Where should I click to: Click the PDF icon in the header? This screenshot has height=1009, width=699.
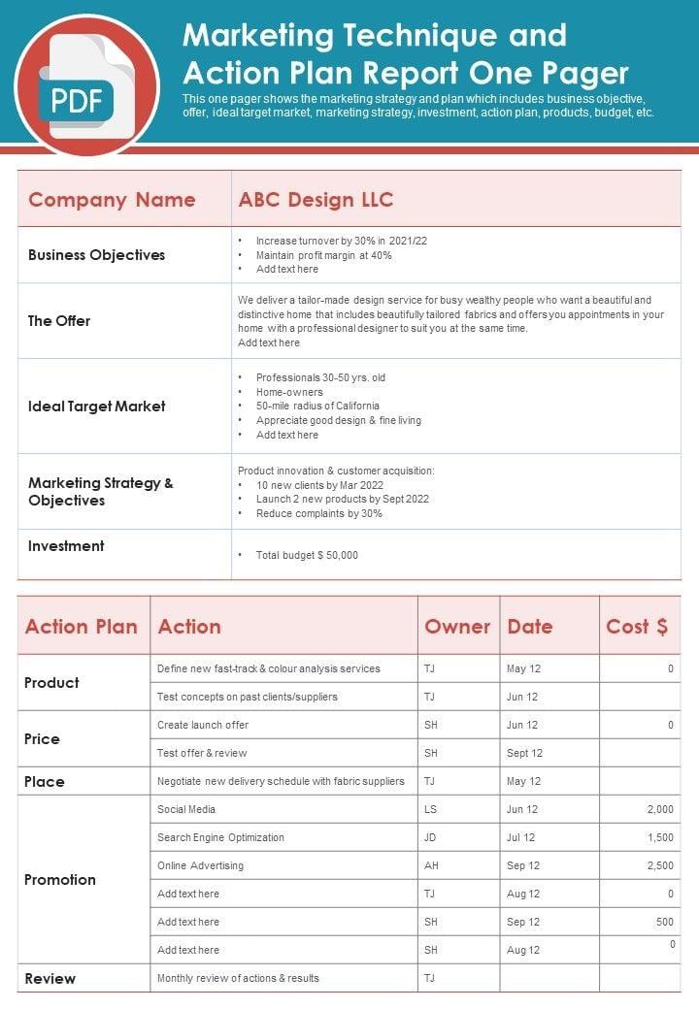(x=85, y=86)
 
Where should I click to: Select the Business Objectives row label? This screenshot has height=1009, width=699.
(x=96, y=255)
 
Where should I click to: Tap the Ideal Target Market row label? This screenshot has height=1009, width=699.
(x=96, y=407)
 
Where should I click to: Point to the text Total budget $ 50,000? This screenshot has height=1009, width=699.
(x=307, y=556)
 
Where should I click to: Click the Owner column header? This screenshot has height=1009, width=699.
(x=457, y=627)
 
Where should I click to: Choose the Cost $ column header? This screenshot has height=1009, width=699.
(x=637, y=627)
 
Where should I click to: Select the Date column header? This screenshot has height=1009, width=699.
(x=530, y=627)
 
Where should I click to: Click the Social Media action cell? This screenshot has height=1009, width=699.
(x=186, y=809)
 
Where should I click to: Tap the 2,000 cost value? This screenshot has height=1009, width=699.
(x=660, y=809)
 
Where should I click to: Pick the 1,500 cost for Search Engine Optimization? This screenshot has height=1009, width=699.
(x=660, y=837)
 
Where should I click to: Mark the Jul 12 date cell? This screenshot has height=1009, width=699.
(x=521, y=837)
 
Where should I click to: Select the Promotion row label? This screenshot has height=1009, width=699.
(x=60, y=880)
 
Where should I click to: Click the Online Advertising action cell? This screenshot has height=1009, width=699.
(x=200, y=865)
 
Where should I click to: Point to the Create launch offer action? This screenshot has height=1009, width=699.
(x=203, y=725)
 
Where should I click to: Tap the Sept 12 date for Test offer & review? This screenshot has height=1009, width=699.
(x=524, y=753)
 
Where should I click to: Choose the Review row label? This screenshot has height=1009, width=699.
(x=50, y=979)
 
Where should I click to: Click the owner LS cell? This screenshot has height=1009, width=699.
(x=430, y=809)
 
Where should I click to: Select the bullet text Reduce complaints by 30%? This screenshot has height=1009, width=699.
(x=318, y=514)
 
